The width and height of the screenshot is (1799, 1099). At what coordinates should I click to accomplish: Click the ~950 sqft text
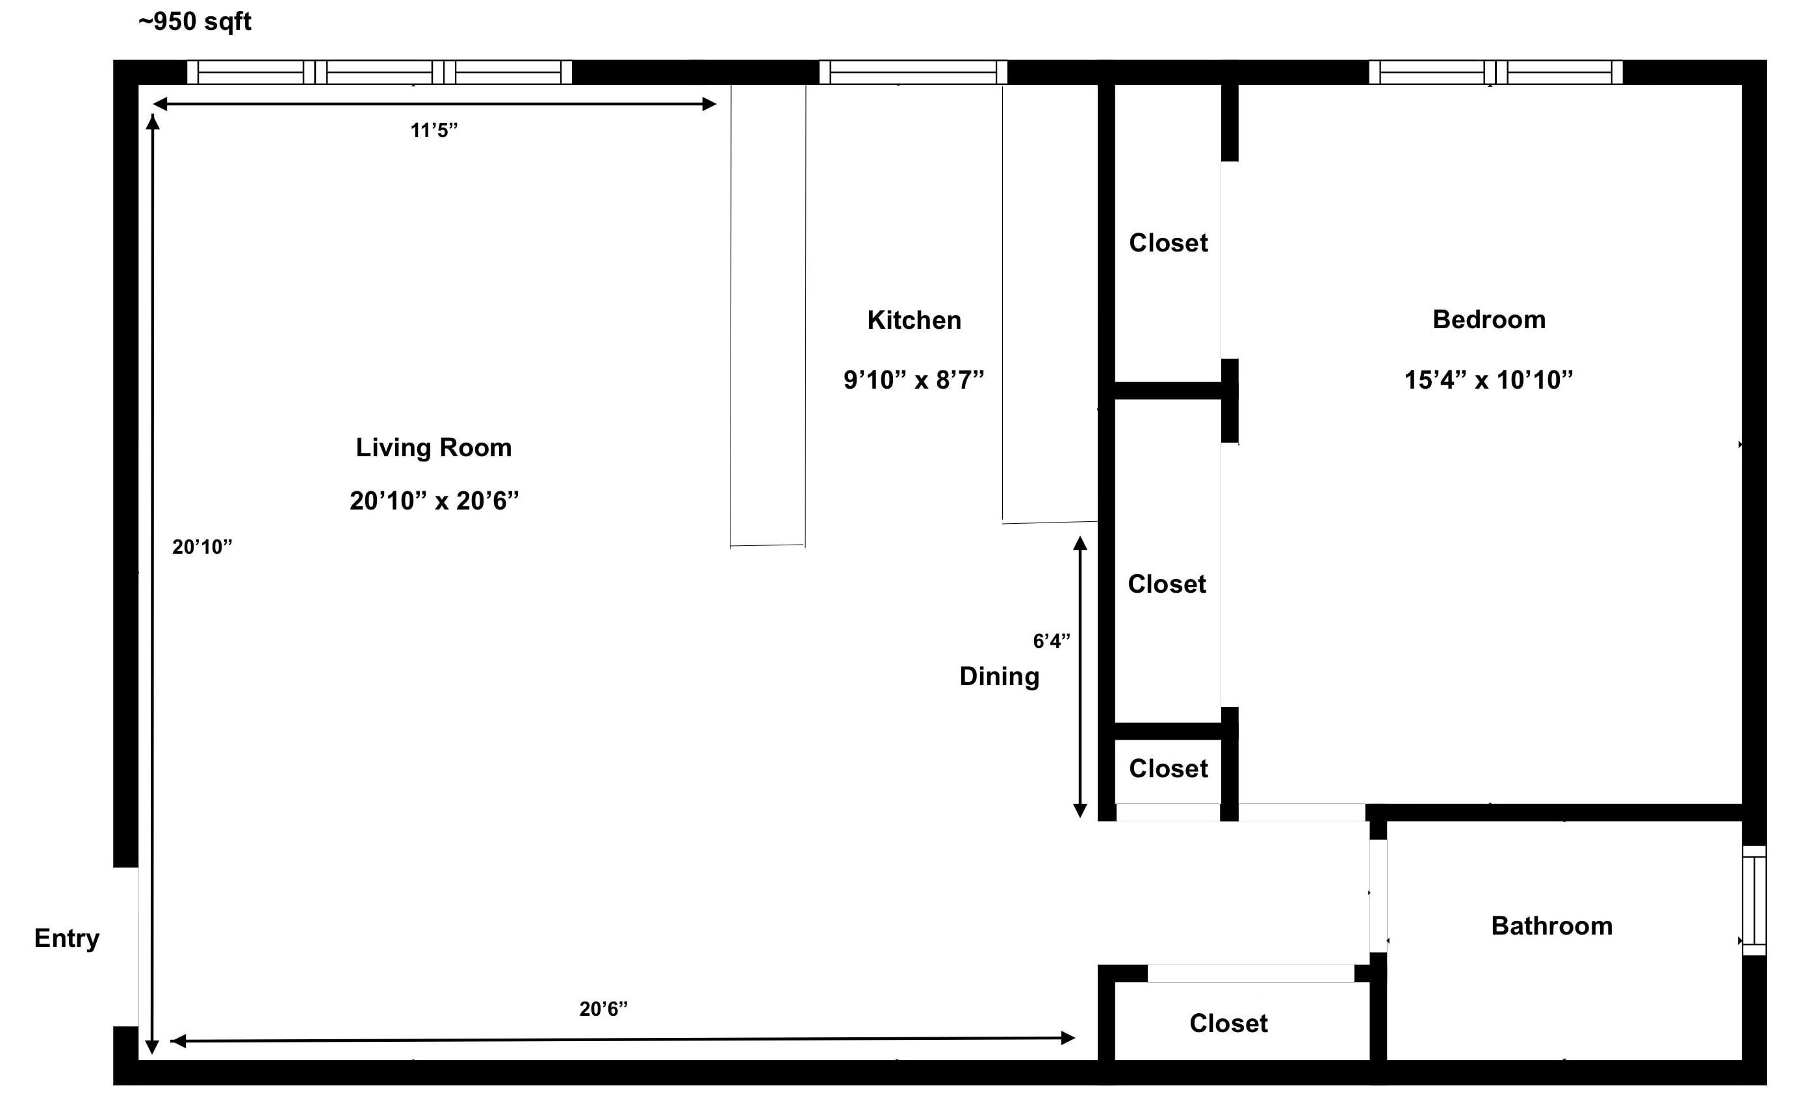point(195,22)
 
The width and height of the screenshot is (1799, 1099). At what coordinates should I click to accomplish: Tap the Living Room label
point(434,448)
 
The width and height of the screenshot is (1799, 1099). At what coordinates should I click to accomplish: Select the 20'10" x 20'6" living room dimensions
point(434,501)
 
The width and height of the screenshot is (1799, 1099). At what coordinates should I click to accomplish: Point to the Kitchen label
point(914,320)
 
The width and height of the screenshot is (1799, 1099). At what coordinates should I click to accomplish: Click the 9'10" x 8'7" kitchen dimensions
point(914,380)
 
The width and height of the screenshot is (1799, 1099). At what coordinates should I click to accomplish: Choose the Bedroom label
point(1490,320)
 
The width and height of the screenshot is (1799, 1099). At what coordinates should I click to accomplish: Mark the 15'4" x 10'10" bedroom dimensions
point(1489,380)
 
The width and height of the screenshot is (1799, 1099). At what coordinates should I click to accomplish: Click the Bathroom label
point(1551,926)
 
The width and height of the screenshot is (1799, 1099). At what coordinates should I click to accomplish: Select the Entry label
point(67,938)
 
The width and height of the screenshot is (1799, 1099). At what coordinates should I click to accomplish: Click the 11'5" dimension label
point(434,131)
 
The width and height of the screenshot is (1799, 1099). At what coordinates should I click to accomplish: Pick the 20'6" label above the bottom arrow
point(604,1009)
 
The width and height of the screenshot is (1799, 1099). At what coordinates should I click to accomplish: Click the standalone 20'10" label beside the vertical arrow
point(202,547)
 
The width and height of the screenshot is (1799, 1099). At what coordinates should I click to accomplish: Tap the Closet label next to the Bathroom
point(1229,1024)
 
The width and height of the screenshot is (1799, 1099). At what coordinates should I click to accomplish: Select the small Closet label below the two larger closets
point(1168,769)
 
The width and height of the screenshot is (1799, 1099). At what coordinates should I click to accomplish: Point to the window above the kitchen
point(913,72)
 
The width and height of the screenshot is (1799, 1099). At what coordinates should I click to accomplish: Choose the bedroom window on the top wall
point(1495,72)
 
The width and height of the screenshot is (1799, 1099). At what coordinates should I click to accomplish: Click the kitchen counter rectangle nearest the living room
point(768,315)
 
